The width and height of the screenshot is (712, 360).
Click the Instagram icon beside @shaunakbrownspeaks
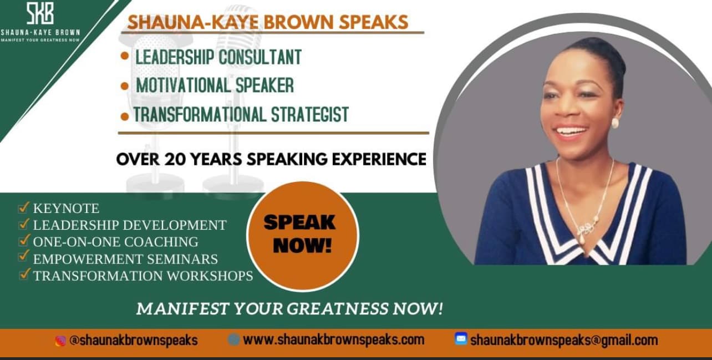60,341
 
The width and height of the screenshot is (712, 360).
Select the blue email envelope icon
461,338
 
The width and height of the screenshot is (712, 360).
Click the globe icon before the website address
233,339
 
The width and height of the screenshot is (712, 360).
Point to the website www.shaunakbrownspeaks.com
333,339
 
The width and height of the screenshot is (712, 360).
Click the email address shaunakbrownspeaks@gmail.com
564,340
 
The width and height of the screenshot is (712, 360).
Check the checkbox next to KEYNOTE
23,208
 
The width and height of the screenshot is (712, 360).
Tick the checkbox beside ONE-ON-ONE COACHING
23,241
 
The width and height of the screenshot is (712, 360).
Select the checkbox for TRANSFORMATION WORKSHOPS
23,274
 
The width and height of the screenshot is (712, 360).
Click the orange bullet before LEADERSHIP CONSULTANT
125,56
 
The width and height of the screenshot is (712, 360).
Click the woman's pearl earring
614,123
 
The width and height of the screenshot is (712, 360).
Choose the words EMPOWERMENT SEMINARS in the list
125,258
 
